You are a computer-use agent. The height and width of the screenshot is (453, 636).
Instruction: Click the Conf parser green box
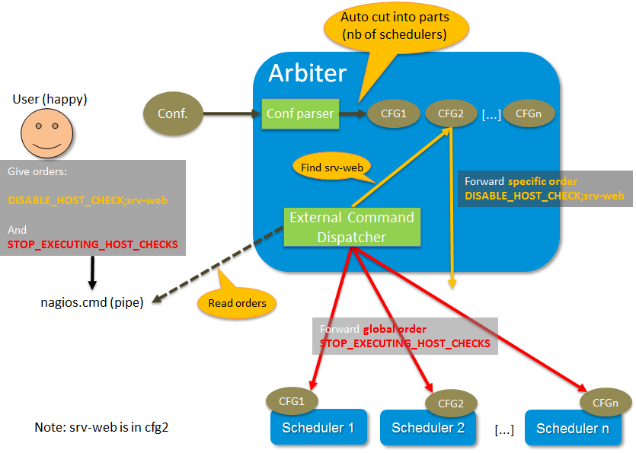pyautogui.click(x=300, y=114)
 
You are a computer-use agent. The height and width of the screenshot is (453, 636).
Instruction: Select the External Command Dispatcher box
pyautogui.click(x=352, y=227)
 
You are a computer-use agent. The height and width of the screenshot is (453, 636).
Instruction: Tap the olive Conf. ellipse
pyautogui.click(x=173, y=114)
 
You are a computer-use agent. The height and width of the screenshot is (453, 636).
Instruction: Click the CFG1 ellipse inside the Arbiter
pyautogui.click(x=388, y=114)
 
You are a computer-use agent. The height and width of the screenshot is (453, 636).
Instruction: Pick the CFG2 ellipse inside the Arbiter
pyautogui.click(x=451, y=114)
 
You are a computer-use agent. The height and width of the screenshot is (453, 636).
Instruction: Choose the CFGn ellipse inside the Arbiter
pyautogui.click(x=529, y=114)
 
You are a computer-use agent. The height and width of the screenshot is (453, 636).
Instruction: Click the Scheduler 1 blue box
pyautogui.click(x=318, y=428)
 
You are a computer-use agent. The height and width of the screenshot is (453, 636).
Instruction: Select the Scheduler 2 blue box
pyautogui.click(x=428, y=428)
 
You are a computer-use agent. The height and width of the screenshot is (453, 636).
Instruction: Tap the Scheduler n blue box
pyautogui.click(x=577, y=428)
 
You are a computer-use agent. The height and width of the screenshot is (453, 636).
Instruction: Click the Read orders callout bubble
pyautogui.click(x=236, y=303)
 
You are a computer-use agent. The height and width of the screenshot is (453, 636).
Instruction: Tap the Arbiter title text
pyautogui.click(x=308, y=73)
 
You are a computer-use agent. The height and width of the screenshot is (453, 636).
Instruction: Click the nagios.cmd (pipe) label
pyautogui.click(x=91, y=301)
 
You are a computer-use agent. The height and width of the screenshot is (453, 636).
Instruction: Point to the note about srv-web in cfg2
pyautogui.click(x=101, y=427)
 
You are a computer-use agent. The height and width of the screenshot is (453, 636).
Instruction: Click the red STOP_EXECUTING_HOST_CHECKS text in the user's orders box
pyautogui.click(x=92, y=244)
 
